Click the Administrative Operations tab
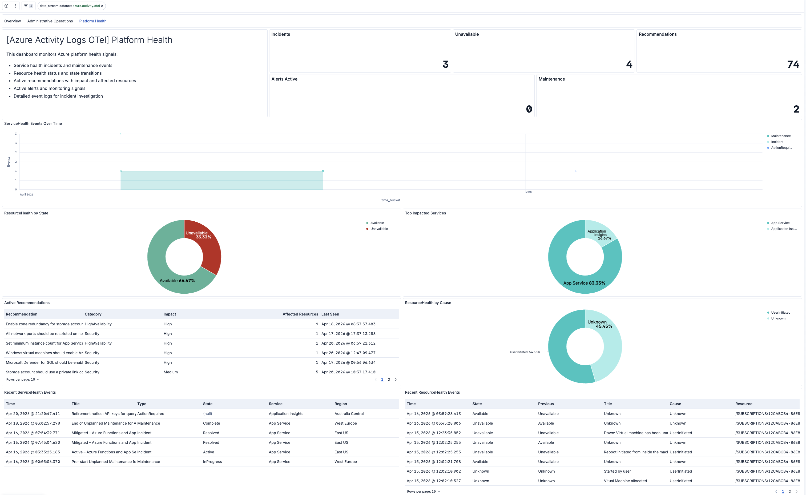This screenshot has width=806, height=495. point(50,21)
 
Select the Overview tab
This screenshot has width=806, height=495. point(13,21)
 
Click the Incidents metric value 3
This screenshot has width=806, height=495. point(445,64)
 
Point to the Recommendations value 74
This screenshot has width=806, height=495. point(793,64)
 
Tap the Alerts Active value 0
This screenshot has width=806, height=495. point(529,109)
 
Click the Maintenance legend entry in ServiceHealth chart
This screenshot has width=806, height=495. point(780,136)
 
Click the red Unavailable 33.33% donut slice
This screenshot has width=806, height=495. point(206,249)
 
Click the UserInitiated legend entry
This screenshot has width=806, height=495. point(780,312)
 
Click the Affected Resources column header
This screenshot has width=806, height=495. point(300,314)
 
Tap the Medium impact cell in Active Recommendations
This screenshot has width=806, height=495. point(171,372)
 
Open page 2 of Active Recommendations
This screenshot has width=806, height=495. point(389,380)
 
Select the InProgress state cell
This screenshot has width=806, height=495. point(212,462)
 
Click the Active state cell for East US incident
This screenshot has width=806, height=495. point(208,452)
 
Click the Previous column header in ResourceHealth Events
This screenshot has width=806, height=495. point(546,404)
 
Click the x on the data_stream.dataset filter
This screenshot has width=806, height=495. point(102,6)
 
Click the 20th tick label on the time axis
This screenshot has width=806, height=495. point(529,192)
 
